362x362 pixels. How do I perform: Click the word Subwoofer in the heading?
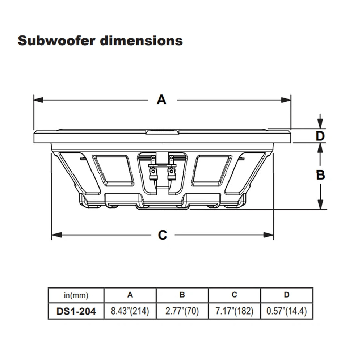56,40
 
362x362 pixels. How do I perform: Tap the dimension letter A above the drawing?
161,99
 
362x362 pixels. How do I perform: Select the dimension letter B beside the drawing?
320,175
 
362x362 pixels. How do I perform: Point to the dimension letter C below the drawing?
163,235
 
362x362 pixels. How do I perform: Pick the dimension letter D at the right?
320,136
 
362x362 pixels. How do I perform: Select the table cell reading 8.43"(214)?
130,311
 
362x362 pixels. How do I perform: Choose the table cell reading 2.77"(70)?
182,311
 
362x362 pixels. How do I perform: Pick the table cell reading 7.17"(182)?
235,311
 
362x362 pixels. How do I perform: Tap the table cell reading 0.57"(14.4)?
287,311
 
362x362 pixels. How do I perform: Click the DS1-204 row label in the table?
76,311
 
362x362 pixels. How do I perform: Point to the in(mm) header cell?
76,295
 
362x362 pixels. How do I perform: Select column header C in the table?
235,295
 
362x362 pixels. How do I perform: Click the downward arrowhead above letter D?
320,124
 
